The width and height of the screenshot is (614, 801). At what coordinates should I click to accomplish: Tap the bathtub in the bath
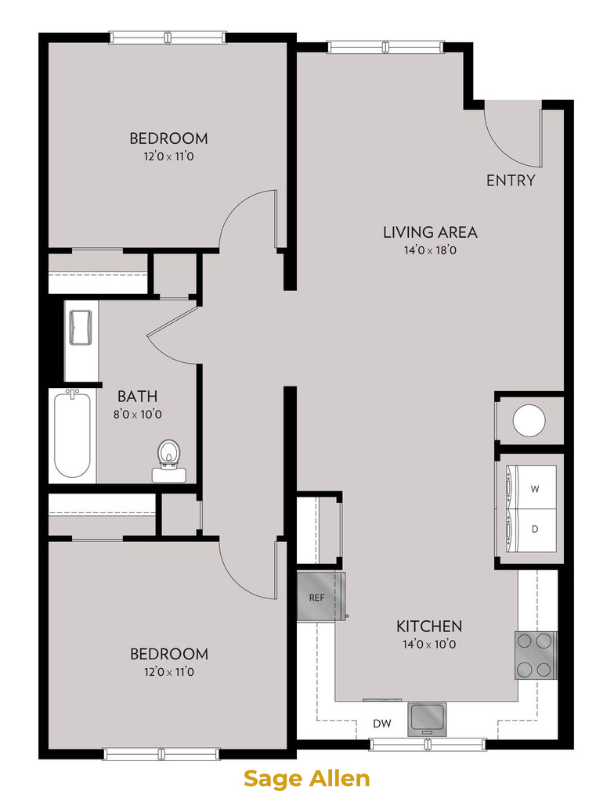pyautogui.click(x=72, y=434)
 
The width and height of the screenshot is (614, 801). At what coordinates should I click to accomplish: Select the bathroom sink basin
pyautogui.click(x=81, y=328)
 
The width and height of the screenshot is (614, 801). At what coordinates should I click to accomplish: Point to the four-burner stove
pyautogui.click(x=536, y=656)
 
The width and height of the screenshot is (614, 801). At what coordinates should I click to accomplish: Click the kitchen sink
pyautogui.click(x=427, y=718)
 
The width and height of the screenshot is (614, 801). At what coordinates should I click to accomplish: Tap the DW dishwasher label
pyautogui.click(x=381, y=724)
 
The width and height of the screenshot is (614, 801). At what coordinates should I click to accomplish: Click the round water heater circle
pyautogui.click(x=529, y=420)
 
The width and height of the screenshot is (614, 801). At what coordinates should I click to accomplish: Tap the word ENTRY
pyautogui.click(x=510, y=181)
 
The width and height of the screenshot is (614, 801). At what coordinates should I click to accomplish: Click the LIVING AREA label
pyautogui.click(x=430, y=232)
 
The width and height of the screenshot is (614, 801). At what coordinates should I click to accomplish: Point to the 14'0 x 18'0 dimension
pyautogui.click(x=430, y=250)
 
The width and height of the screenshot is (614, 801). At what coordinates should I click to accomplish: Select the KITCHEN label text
pyautogui.click(x=429, y=627)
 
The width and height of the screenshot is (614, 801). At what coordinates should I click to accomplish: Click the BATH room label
pyautogui.click(x=137, y=397)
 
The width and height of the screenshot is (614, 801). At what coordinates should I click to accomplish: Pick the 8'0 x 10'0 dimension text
pyautogui.click(x=138, y=415)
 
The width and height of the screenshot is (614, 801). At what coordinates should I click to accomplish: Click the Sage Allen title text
pyautogui.click(x=306, y=779)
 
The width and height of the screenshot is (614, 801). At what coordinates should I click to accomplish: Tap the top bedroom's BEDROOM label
pyautogui.click(x=168, y=138)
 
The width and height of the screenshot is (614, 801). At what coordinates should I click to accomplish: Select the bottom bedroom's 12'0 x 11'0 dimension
pyautogui.click(x=169, y=672)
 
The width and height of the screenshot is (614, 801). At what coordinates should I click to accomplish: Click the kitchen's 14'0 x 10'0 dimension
pyautogui.click(x=429, y=645)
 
